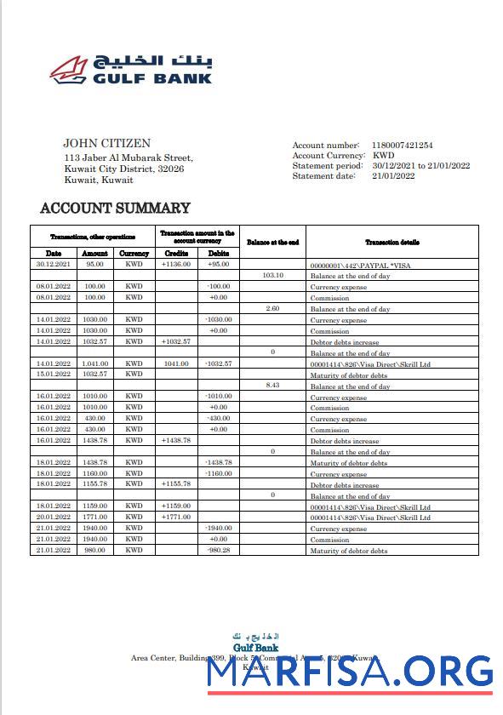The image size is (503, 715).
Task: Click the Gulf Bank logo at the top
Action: pos(130,66)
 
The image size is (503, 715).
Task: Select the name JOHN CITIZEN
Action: pos(106,144)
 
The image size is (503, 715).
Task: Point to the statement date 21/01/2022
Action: pos(393,176)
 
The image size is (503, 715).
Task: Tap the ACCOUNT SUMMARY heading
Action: pos(116,208)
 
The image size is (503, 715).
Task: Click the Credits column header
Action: pos(176,253)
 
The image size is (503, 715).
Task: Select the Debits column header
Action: pos(219,253)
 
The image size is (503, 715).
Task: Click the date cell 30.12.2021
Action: pos(54,264)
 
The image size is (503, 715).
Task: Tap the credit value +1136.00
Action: pos(175,264)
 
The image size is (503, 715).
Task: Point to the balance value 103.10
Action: pos(272,276)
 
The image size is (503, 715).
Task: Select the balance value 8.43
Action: pos(272,386)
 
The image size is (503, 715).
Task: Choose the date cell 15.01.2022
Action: pos(54,375)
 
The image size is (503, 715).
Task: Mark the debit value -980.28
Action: pos(219,550)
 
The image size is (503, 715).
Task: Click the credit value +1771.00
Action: pos(175,517)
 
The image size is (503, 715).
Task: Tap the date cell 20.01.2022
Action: pos(54,517)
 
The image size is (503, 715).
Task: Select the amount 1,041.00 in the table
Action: pos(95,363)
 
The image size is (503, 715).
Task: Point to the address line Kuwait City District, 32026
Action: pos(124,169)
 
